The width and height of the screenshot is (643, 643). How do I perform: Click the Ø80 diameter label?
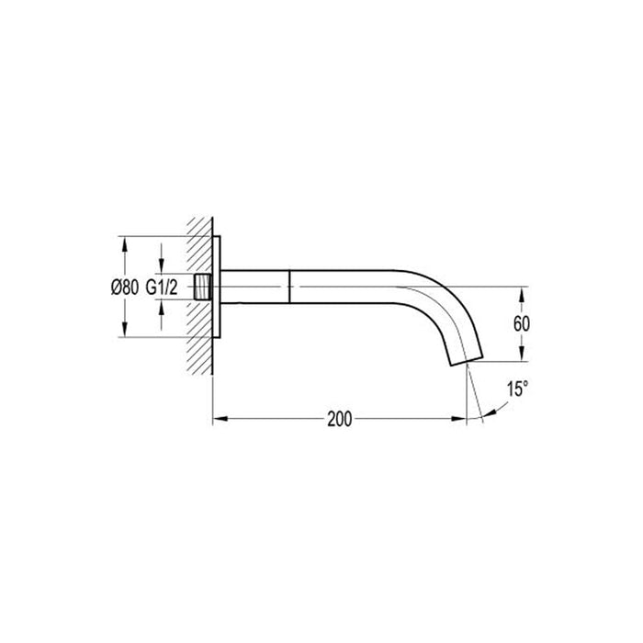point(124,288)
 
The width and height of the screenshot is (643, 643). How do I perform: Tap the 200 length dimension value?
point(339,420)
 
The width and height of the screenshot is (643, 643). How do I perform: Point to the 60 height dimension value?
point(521,324)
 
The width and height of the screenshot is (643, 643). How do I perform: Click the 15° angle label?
point(517,389)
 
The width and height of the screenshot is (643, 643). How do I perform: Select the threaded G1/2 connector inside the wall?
point(203,287)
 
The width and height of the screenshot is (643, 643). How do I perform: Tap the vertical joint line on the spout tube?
point(290,287)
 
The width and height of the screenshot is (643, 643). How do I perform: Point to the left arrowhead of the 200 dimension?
point(219,420)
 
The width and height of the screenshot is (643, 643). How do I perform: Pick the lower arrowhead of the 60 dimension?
point(521,357)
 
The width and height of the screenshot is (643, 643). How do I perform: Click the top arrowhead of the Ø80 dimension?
point(124,242)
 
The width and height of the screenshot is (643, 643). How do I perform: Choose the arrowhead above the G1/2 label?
point(161,265)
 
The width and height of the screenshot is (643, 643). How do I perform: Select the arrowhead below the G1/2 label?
point(161,310)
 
